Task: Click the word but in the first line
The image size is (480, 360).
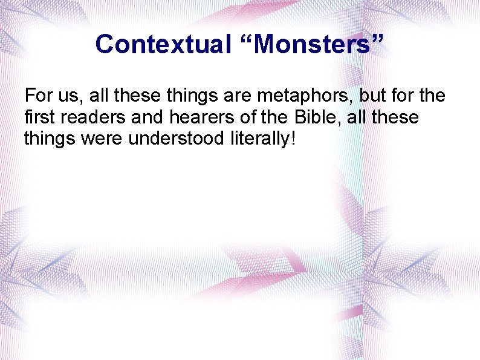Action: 373,96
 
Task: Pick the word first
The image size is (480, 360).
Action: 37,117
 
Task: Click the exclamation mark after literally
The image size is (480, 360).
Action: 293,139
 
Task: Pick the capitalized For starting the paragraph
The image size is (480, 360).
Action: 37,96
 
